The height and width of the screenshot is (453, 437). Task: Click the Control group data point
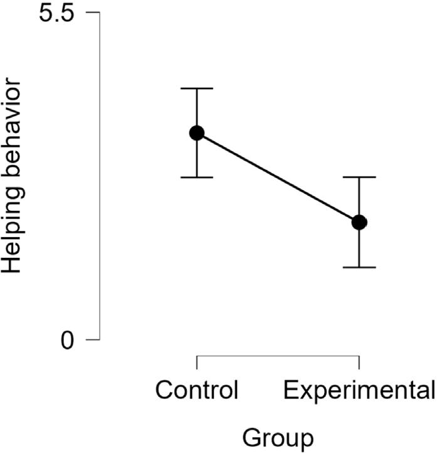tap(197, 133)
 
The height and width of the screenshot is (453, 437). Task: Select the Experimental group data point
tap(359, 222)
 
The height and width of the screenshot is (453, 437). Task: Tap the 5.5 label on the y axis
tap(56, 13)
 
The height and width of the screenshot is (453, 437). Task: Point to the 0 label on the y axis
tap(67, 340)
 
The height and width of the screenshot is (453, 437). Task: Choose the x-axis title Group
tap(278, 439)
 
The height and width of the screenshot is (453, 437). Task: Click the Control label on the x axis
tap(197, 390)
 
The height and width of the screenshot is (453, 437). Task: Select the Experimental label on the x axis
tap(359, 391)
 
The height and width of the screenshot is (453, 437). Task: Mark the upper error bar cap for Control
tap(197, 88)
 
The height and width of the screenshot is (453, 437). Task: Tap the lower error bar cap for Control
tap(197, 177)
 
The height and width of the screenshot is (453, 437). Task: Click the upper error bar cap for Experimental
tap(359, 177)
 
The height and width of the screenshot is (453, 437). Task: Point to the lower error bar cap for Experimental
tap(359, 267)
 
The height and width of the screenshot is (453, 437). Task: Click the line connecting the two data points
tap(278, 178)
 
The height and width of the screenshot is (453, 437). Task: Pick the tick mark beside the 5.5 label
tap(93, 13)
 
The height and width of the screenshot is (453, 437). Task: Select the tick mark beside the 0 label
tap(93, 339)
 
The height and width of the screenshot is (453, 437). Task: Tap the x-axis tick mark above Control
tap(197, 363)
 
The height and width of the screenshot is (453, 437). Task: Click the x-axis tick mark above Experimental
tap(359, 363)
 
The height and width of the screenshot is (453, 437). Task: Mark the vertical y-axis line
tap(100, 176)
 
